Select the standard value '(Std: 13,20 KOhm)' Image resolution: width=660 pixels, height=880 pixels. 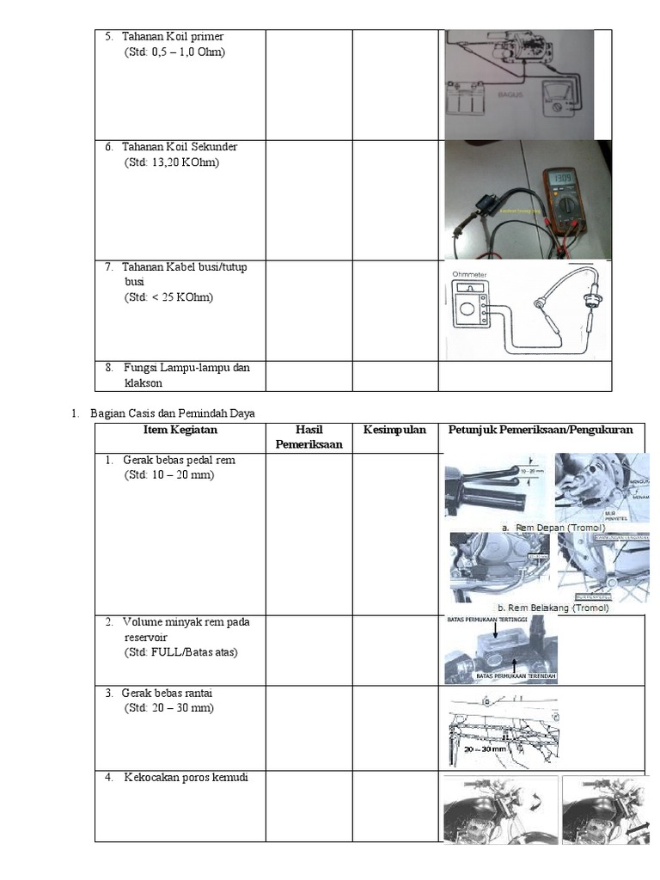tap(171, 162)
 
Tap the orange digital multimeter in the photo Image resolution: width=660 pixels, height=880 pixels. tap(567, 206)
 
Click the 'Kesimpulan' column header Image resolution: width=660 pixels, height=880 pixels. tap(394, 430)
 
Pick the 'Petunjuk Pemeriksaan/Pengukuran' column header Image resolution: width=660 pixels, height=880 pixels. tap(541, 430)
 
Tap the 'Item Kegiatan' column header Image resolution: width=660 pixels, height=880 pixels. tap(182, 430)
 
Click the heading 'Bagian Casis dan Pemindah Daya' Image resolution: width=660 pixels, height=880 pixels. tap(172, 413)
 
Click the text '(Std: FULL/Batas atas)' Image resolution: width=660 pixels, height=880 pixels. tap(180, 652)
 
